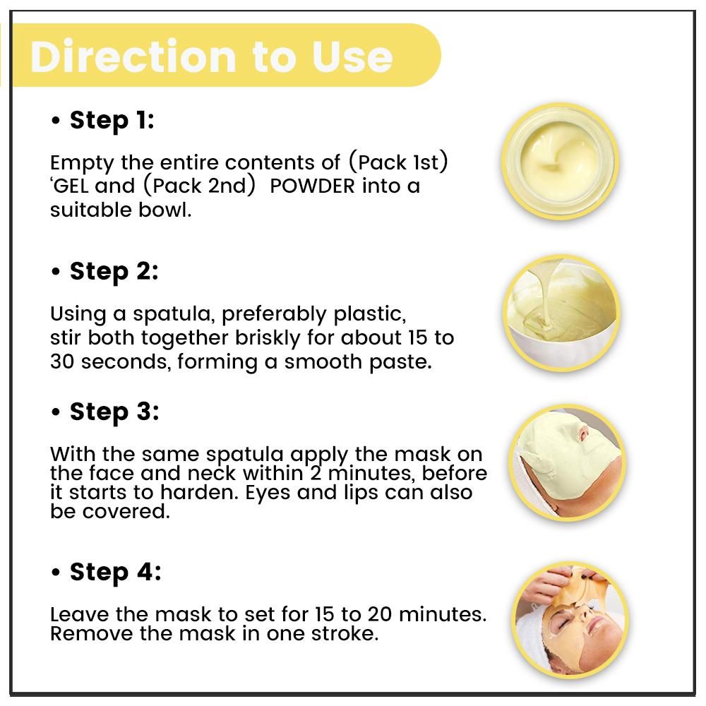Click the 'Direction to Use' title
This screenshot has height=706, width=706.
[212, 56]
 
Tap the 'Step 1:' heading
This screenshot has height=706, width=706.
[112, 120]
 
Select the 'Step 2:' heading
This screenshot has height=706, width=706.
[114, 271]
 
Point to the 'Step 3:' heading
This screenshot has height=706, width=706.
[114, 412]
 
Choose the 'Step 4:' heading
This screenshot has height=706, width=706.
[115, 572]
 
